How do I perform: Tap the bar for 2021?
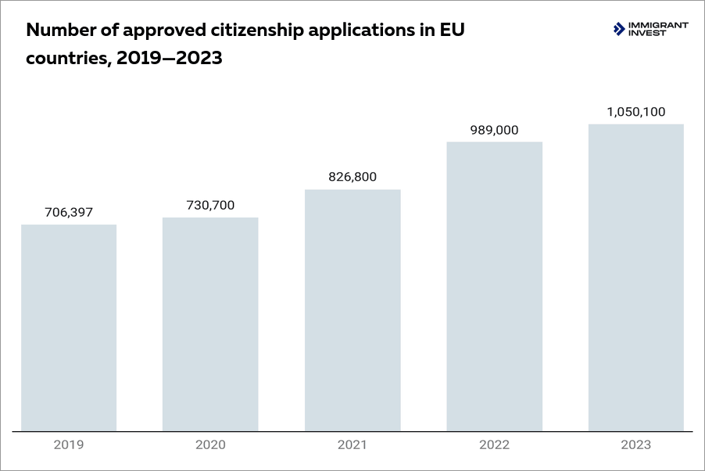coord(352,310)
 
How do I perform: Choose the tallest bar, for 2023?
coord(636,277)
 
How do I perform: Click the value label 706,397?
coord(69,212)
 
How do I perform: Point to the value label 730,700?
coord(210,205)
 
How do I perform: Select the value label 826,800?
coord(352,177)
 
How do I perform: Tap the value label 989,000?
coord(494,130)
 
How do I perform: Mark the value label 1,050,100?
coord(636,112)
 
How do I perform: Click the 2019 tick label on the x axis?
coord(69,445)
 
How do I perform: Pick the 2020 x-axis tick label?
coord(210,445)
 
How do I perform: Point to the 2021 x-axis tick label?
coord(352,445)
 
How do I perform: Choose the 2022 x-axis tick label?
coord(494,445)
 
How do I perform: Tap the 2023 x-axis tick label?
coord(636,445)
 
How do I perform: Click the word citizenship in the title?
coord(258,31)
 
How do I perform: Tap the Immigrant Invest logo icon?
coord(619,30)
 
